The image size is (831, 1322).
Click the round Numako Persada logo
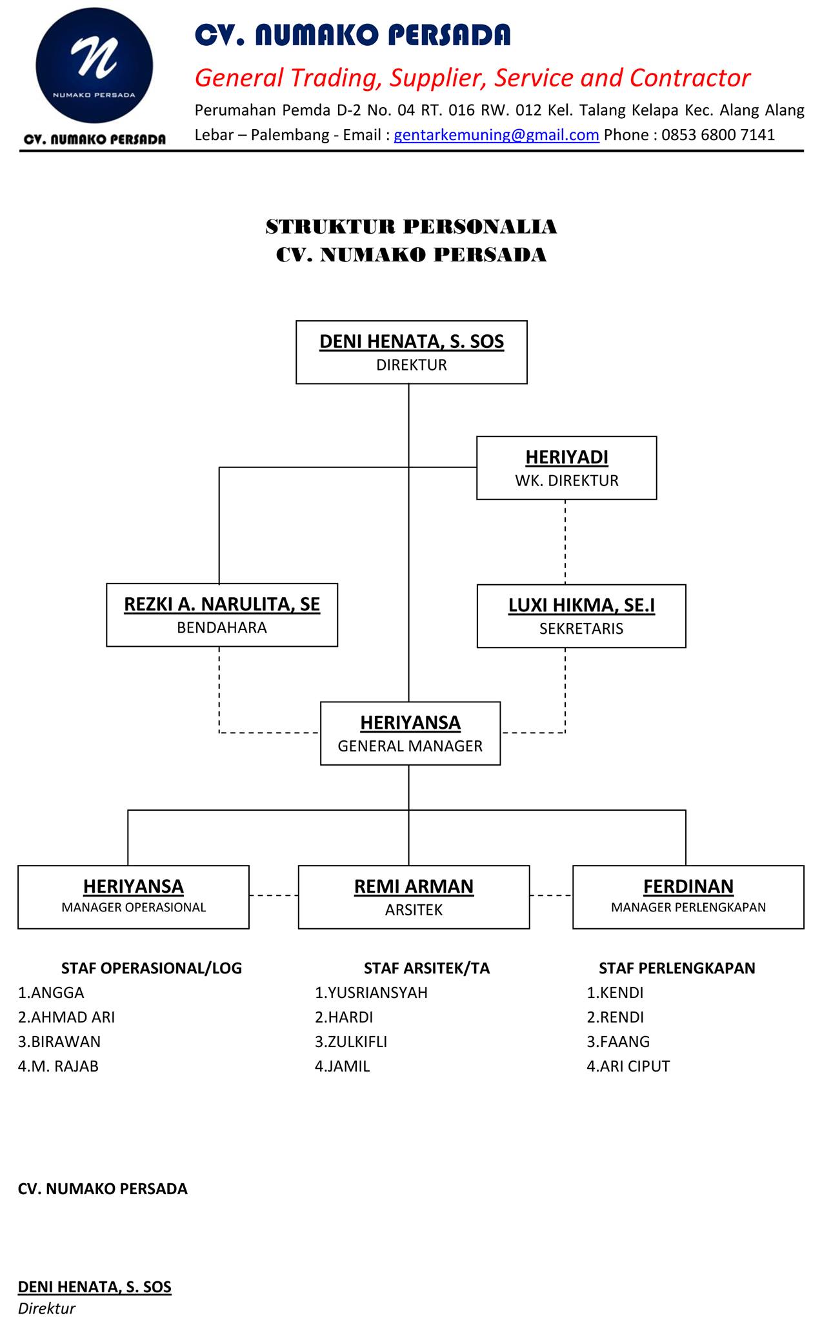[x=94, y=66]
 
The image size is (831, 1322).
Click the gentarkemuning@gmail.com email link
[x=496, y=135]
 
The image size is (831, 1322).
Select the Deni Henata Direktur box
[x=412, y=352]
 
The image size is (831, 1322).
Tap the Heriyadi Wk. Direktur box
[x=566, y=468]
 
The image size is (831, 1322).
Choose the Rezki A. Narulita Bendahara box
[x=222, y=615]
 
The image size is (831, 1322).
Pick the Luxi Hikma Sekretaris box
[x=581, y=616]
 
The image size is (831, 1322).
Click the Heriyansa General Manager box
[x=410, y=733]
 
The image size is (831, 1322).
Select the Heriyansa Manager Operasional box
[x=134, y=897]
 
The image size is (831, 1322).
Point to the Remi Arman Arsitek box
[x=414, y=897]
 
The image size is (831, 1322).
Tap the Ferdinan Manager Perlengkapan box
[x=688, y=897]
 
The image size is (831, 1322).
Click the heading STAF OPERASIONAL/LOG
[x=152, y=968]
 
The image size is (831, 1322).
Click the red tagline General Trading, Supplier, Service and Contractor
[x=472, y=78]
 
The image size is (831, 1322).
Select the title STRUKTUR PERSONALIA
[x=412, y=227]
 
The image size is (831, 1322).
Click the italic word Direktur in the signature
[x=46, y=1308]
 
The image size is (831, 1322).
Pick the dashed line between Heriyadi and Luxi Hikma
[x=565, y=542]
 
